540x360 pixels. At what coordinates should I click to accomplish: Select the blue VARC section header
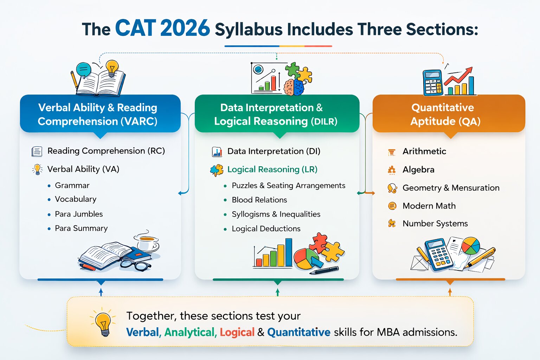point(100,114)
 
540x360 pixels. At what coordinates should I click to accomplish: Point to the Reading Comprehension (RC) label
point(106,151)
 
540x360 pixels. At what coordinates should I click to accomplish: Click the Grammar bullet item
point(72,185)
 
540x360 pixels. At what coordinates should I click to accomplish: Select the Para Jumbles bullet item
point(79,214)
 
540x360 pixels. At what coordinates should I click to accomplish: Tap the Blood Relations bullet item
point(259,200)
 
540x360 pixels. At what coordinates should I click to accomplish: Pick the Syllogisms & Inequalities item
point(276,214)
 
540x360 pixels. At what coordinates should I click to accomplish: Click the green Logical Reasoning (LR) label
point(272,169)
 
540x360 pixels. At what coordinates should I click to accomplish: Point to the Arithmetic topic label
point(424,152)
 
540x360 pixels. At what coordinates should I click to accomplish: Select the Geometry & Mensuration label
point(451,188)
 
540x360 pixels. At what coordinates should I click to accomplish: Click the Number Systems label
point(435,224)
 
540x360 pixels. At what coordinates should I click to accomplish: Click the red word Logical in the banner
point(237,332)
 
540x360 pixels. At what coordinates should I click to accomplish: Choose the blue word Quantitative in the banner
point(298,332)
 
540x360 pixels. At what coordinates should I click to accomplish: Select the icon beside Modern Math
point(392,206)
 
